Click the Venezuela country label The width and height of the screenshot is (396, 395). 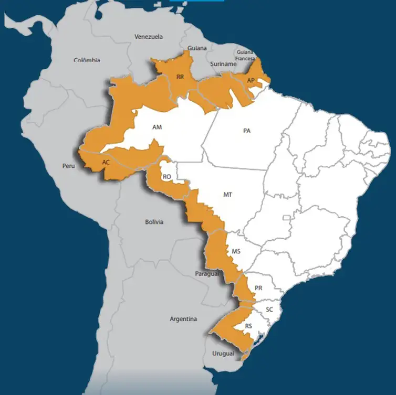(149, 37)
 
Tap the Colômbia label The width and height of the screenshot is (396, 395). (87, 60)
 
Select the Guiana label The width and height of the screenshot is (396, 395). (197, 48)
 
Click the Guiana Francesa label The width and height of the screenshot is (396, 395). (245, 55)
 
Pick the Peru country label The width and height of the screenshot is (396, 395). (69, 166)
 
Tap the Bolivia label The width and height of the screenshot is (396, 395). (154, 222)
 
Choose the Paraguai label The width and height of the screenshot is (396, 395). (206, 274)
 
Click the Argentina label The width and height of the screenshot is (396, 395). (183, 319)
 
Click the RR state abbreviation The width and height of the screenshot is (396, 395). (180, 77)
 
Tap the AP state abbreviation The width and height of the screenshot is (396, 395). (251, 80)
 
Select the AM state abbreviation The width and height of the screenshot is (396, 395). (157, 127)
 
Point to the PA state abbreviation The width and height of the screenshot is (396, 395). (247, 131)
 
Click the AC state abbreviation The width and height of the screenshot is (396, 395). (106, 163)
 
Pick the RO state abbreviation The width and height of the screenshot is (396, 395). (167, 177)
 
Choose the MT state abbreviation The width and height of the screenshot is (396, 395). (227, 195)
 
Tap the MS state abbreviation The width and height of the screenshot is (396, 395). (236, 252)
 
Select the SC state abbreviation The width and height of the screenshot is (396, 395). (269, 309)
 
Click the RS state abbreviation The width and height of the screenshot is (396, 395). (248, 326)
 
